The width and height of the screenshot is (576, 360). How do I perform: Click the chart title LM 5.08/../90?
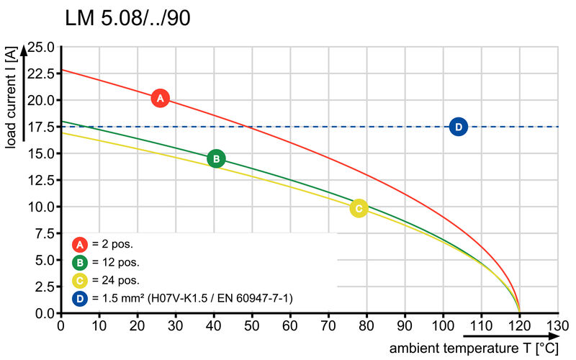point(128,19)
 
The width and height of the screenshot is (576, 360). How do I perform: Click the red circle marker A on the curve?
point(161,98)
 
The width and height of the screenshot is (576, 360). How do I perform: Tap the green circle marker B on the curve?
point(216,158)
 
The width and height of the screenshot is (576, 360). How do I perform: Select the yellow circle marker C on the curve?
point(359,208)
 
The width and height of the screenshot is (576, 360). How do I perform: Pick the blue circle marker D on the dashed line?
point(459,127)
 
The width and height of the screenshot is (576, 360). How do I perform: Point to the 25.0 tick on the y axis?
point(40,48)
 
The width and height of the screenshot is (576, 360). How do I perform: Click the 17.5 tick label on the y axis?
point(40,127)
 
